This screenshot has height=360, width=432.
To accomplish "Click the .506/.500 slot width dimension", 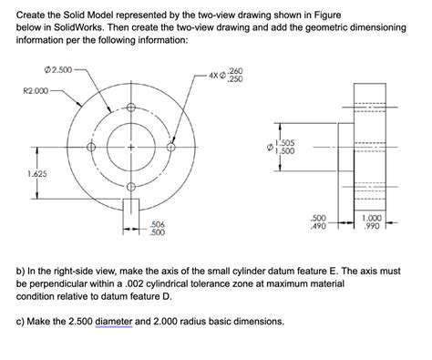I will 157,228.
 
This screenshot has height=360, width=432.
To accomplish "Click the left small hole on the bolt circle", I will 91,148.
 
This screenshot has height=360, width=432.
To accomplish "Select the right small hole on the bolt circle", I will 170,148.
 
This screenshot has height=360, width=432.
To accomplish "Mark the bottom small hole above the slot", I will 131,188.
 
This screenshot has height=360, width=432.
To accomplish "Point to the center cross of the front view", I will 131,148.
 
